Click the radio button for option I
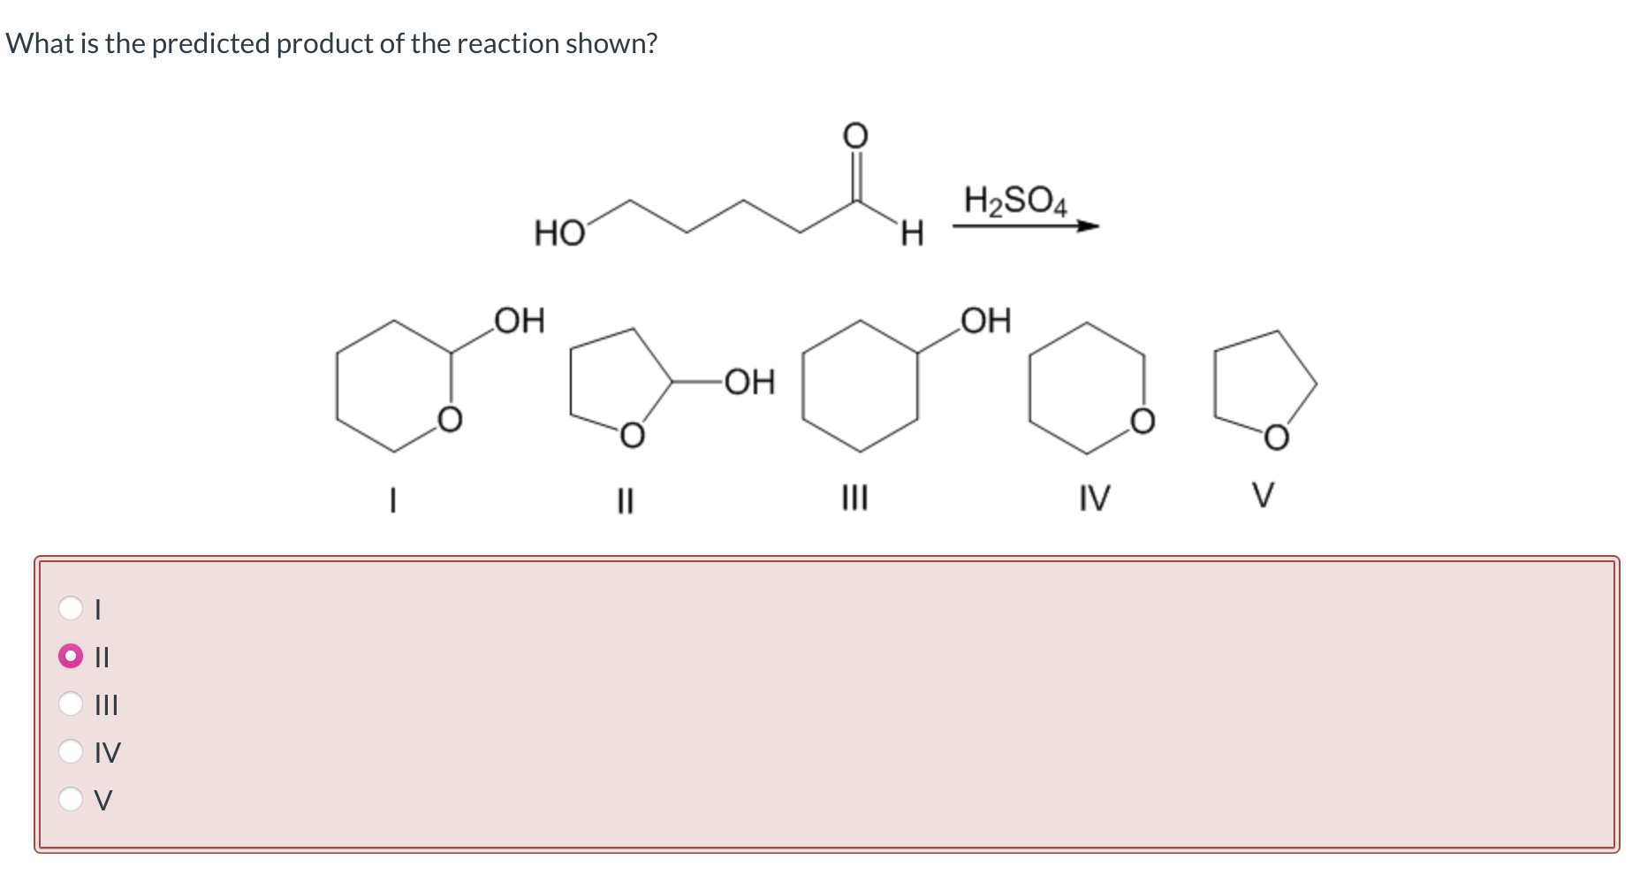71,608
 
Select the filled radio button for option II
71,657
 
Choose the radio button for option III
71,704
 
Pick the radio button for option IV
71,751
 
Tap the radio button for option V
71,799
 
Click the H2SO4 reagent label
1015,202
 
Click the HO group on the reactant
559,234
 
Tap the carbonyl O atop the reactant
854,136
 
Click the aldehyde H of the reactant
912,234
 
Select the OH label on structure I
520,320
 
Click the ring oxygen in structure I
450,419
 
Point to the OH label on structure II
749,382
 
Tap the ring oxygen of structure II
631,435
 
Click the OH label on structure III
985,320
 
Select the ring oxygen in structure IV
1143,421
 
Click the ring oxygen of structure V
1276,437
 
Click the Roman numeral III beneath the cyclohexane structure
854,498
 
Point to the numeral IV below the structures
1094,498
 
